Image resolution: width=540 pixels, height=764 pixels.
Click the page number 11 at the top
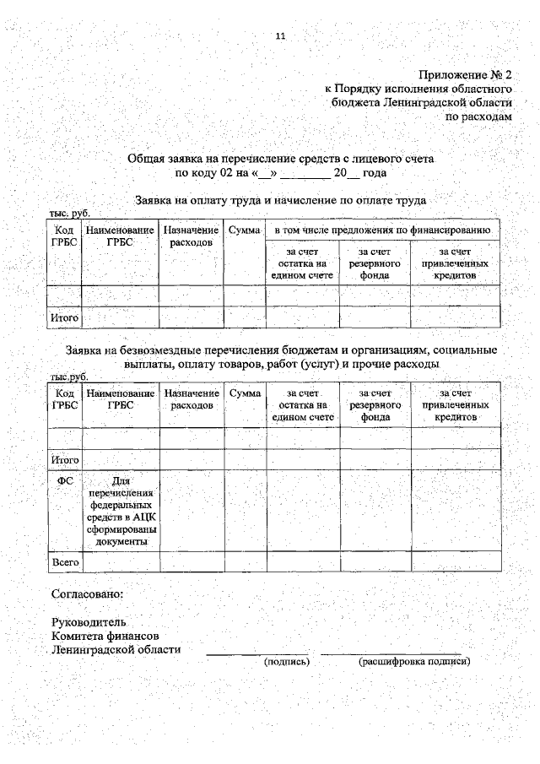point(281,35)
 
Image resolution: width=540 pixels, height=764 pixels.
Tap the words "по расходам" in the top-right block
point(478,117)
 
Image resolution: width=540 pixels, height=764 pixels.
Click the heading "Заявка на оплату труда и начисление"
point(281,201)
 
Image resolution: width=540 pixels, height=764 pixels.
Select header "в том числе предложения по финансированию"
point(382,230)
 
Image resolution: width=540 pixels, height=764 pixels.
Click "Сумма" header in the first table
point(245,230)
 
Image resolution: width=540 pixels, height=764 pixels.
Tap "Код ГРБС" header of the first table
point(65,236)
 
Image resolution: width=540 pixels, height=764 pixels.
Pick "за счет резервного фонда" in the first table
point(375,263)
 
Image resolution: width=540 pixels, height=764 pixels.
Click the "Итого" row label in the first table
point(65,318)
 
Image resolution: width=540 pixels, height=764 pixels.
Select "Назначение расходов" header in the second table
point(192,399)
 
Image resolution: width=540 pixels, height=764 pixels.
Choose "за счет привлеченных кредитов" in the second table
point(455,405)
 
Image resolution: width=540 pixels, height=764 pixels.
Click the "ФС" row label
point(65,480)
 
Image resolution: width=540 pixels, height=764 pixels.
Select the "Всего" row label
point(65,561)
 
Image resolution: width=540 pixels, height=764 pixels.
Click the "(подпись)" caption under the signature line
point(287,661)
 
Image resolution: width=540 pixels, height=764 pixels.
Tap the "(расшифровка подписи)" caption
point(414,661)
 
